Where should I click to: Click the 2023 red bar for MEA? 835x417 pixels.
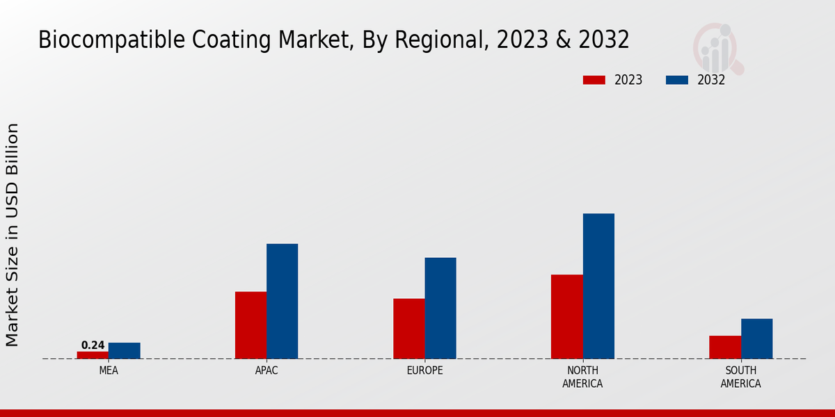(93, 355)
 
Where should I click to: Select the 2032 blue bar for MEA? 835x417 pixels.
(124, 351)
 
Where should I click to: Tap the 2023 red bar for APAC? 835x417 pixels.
(250, 325)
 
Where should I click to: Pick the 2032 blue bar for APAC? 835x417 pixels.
(282, 301)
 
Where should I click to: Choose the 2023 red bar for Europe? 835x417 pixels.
(409, 329)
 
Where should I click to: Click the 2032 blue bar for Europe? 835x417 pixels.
(440, 308)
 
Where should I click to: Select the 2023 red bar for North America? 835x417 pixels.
(567, 317)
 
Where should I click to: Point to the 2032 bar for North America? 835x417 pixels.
(598, 286)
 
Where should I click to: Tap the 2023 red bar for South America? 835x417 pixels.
(725, 347)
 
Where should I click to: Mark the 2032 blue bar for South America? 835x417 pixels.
(756, 338)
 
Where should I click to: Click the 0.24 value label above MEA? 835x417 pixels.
(93, 345)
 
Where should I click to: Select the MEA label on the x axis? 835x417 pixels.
(109, 371)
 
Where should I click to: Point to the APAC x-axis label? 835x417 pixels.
(267, 371)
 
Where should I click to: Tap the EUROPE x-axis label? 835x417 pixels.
(424, 371)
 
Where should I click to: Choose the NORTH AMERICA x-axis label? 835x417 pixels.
(583, 377)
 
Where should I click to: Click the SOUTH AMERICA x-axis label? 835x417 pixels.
(740, 377)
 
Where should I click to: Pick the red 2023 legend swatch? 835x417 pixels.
(594, 80)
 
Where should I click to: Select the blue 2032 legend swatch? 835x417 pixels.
(676, 80)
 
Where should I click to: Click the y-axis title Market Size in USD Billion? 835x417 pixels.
(13, 235)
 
